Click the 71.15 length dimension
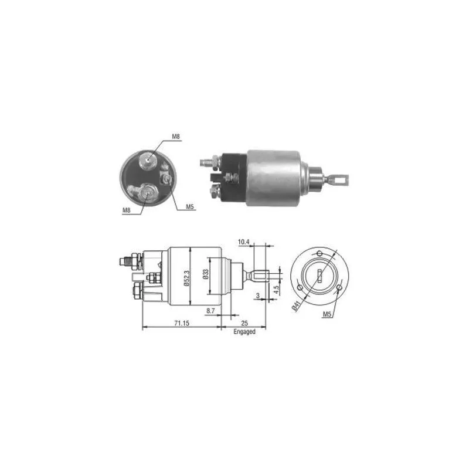[182, 323]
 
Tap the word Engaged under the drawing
[244, 332]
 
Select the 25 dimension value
[244, 323]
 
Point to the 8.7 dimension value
[210, 311]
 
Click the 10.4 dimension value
[243, 242]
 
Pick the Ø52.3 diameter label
[186, 278]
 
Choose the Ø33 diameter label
[206, 274]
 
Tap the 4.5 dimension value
[276, 289]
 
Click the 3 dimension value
[258, 295]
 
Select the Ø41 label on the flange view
[296, 306]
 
